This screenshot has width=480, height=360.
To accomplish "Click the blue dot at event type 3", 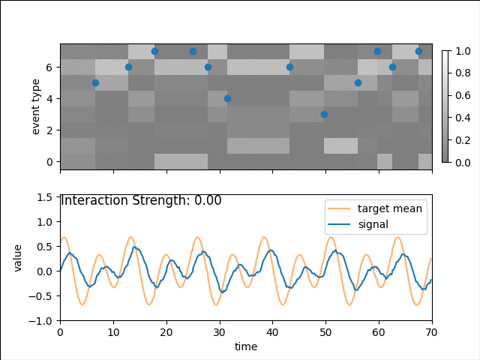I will pos(324,114).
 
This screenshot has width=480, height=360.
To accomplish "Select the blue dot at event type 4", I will pos(227,98).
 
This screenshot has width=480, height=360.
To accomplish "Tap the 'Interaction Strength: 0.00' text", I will pos(141,201).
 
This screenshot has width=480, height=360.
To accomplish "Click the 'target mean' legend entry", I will pos(389,208).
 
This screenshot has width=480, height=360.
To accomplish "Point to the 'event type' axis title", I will pos(36,106).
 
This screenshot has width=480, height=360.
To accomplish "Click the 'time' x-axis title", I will pos(246,346).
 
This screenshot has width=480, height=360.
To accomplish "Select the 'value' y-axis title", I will pos(18,258).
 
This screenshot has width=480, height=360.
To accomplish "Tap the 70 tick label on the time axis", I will pos(432,332).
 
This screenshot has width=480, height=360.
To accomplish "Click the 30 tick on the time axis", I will pos(219,332).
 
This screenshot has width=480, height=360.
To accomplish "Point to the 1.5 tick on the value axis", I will pos(46,197).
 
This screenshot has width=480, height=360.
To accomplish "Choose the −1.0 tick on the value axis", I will pos(43,320).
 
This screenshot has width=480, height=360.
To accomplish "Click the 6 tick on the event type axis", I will pos(49,67).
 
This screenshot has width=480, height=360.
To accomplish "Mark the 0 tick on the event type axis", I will pos(49,161).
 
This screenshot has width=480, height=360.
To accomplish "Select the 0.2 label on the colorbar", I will pos(463,139).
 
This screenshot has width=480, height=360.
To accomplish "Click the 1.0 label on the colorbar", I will pos(463,51).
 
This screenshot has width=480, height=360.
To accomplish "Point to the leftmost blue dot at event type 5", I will pos(95,82).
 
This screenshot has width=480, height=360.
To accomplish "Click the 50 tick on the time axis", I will pos(325,332).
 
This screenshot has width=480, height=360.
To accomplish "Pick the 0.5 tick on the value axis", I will pos(46,246).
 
